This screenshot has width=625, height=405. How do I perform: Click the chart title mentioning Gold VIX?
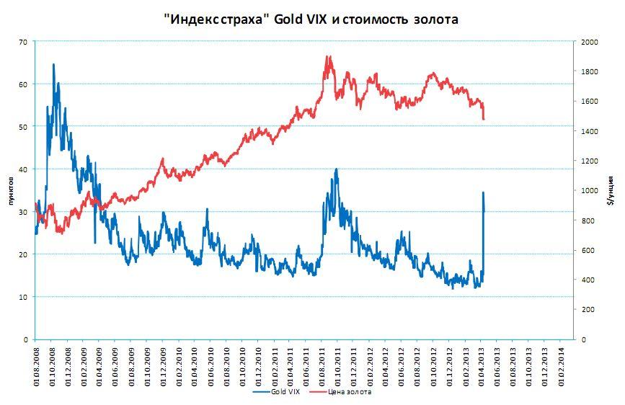311,19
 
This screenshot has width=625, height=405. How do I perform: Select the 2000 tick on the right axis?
590,43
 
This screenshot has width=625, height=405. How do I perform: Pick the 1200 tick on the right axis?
590,161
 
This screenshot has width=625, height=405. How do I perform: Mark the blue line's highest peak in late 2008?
53,64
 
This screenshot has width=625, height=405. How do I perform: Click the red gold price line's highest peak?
328,56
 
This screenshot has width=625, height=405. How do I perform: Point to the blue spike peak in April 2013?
483,192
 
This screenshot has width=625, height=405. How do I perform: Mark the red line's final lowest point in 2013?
484,120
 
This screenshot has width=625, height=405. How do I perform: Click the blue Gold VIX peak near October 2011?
337,169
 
